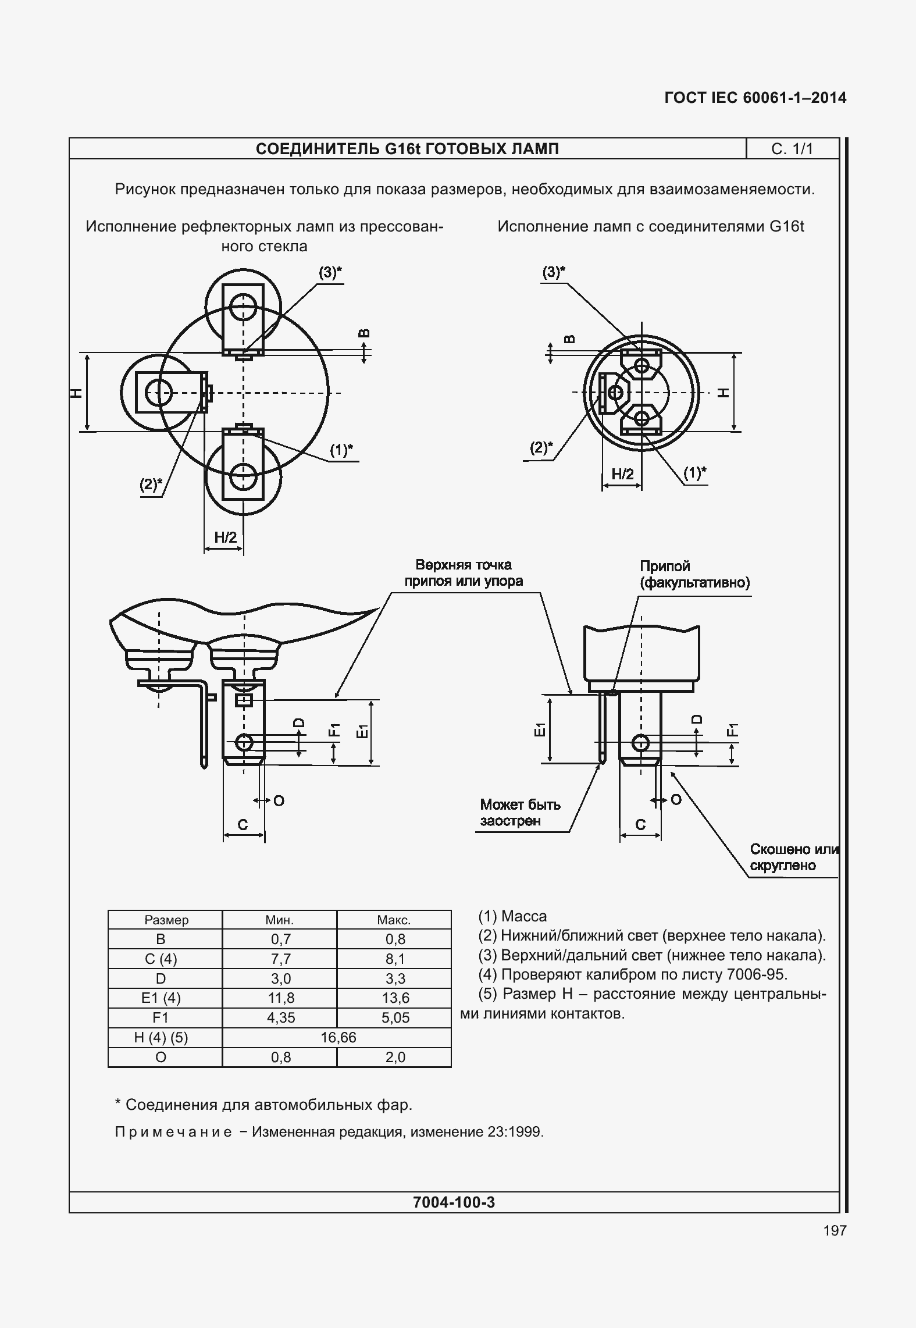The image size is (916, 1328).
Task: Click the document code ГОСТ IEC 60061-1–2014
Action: [755, 98]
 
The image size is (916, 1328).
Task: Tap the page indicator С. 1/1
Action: [792, 149]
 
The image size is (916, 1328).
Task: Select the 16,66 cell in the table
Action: [337, 1037]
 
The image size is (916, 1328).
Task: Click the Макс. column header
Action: [394, 920]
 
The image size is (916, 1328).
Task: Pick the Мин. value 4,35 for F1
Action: [280, 1017]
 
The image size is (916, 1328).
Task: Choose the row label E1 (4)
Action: [161, 998]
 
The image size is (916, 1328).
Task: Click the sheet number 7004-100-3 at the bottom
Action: [454, 1202]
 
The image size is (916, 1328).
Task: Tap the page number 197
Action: [835, 1230]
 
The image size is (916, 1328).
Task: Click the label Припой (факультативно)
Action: [694, 574]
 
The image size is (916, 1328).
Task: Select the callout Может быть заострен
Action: [520, 812]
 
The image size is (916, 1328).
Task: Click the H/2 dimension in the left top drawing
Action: [226, 537]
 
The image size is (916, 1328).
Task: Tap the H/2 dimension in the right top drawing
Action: [622, 474]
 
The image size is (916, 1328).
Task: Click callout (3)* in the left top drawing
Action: [330, 272]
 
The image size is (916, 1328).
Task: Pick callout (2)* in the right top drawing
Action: [541, 447]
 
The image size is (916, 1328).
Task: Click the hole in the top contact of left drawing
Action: [243, 306]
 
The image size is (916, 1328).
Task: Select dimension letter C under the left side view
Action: [243, 824]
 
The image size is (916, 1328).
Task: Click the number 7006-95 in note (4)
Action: [757, 974]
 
